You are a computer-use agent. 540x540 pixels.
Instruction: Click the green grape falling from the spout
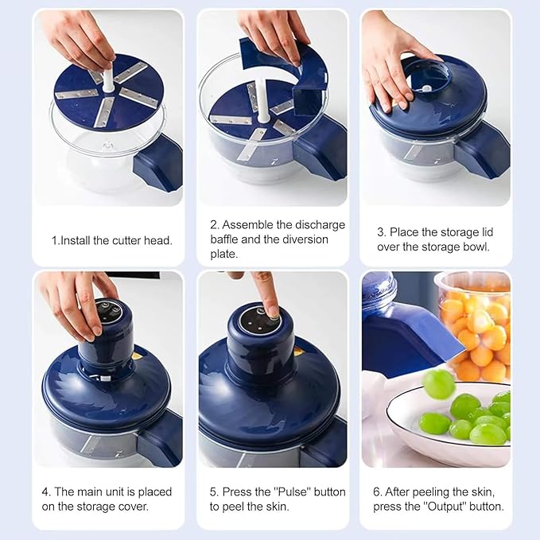(x=438, y=383)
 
